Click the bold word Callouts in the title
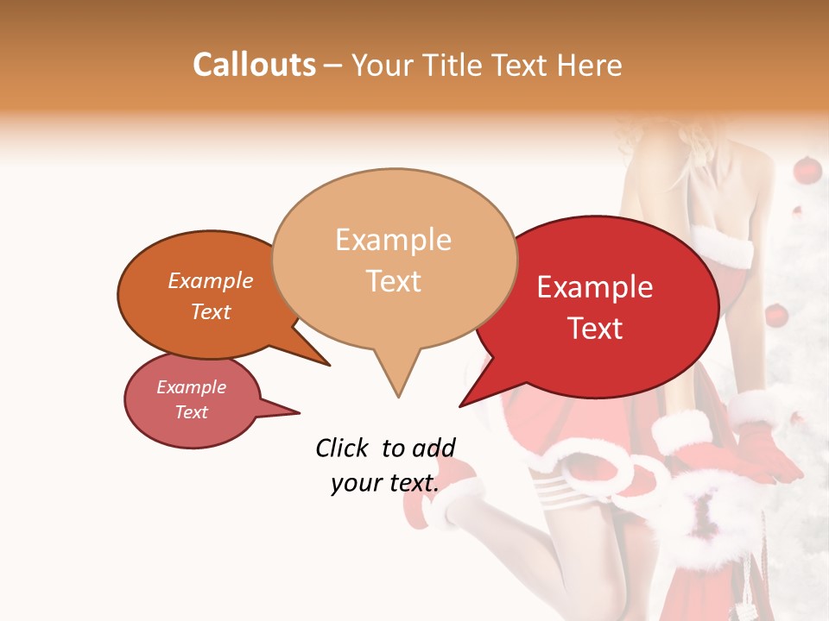(254, 65)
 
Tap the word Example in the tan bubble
(393, 240)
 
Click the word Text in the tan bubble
(393, 280)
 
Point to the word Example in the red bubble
(595, 287)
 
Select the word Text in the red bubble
(595, 328)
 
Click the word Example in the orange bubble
(211, 280)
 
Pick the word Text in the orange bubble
(211, 311)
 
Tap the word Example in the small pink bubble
(192, 387)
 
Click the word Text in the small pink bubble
(192, 412)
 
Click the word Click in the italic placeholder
(342, 448)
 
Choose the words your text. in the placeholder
(385, 483)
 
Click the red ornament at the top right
(807, 170)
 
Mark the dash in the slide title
(334, 66)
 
